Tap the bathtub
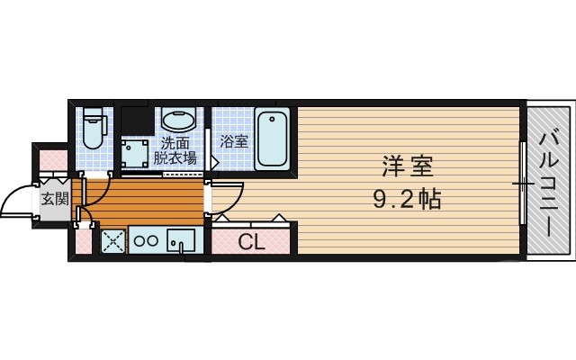click(272, 139)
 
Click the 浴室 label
click(234, 141)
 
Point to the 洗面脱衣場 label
click(175, 150)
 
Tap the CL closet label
click(251, 241)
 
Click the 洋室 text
click(407, 167)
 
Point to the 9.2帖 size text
click(407, 198)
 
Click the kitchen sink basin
click(181, 241)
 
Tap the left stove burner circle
click(140, 241)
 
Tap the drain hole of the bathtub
click(272, 118)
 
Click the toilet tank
click(93, 116)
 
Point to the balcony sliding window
click(522, 184)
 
